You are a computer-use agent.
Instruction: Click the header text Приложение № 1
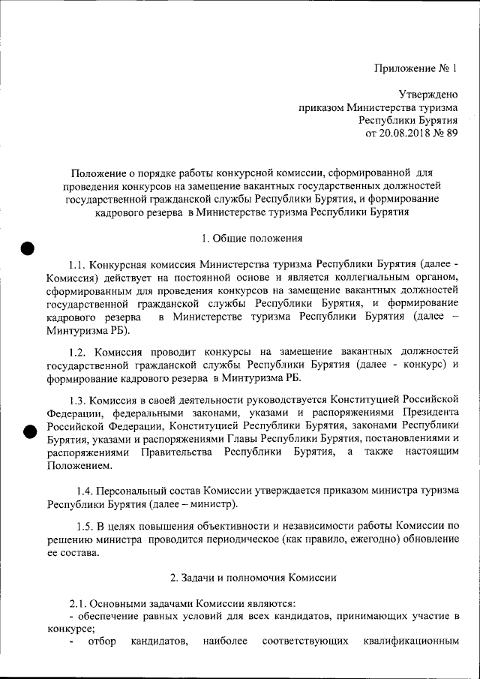415,68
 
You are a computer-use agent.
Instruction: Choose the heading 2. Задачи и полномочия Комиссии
253,578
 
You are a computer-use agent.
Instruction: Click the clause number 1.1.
77,265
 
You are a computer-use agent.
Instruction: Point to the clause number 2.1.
78,603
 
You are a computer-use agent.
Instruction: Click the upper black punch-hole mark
28,250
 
